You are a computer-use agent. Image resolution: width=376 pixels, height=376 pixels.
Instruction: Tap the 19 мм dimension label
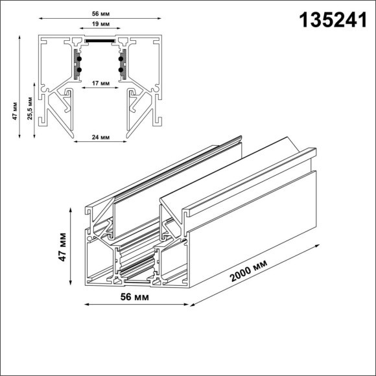(100, 24)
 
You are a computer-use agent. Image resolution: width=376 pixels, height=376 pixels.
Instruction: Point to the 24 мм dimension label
(100, 137)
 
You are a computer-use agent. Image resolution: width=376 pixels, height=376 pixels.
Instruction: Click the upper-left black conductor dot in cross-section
(80, 58)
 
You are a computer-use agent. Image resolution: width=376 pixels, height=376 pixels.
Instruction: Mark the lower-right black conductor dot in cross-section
(121, 69)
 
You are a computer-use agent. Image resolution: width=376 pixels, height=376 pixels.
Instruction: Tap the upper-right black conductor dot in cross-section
(121, 58)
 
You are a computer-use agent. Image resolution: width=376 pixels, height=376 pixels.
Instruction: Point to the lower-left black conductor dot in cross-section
(80, 69)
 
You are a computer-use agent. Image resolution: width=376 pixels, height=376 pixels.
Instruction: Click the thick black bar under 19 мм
(100, 38)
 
